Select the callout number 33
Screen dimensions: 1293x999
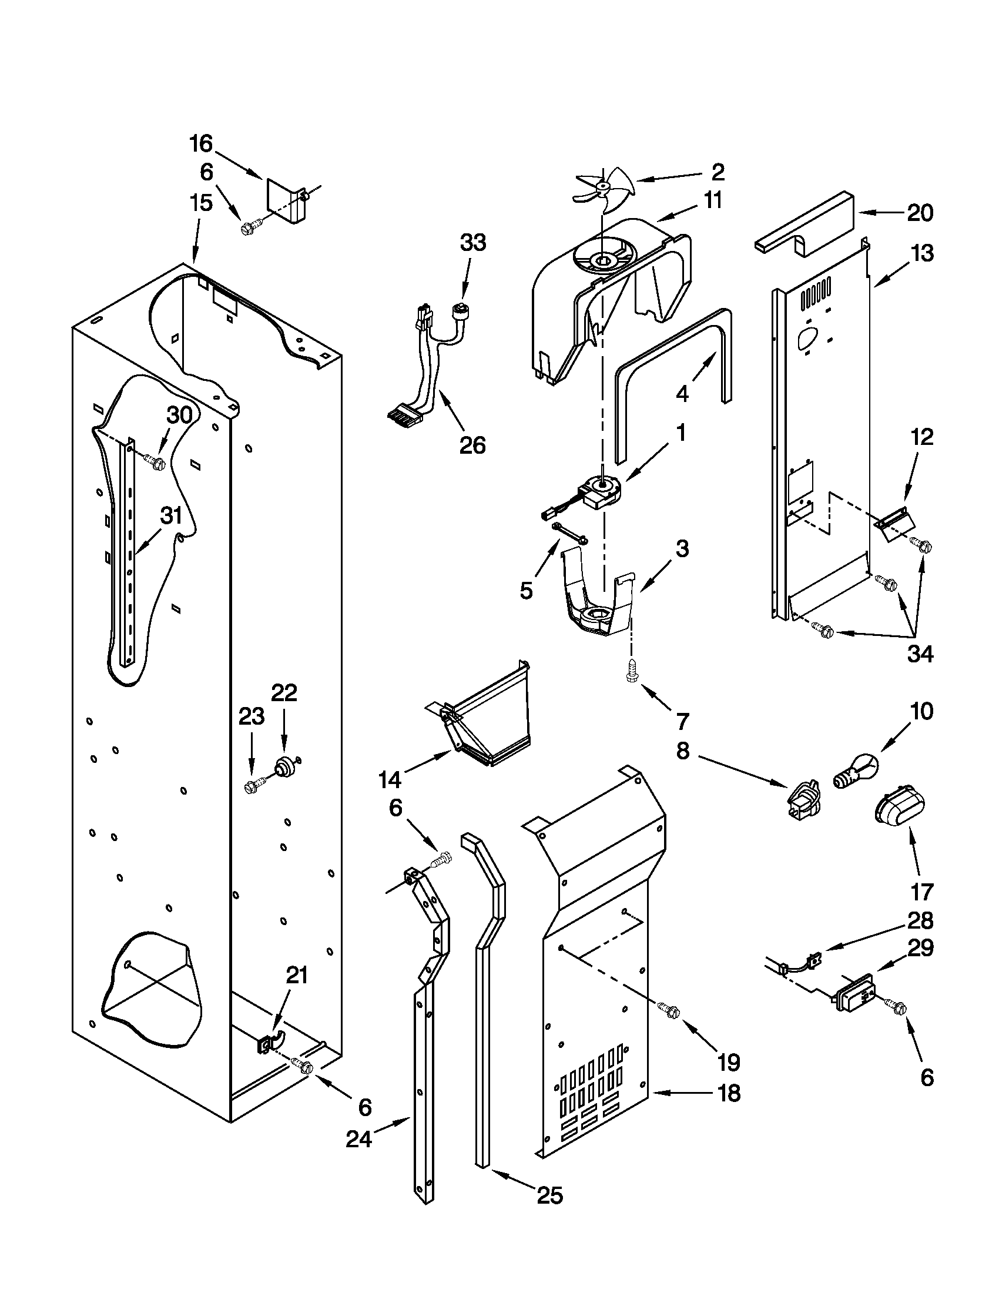[x=473, y=243]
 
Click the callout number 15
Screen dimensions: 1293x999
[x=201, y=203]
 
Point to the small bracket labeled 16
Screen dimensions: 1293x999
[x=287, y=201]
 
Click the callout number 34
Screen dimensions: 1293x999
[x=921, y=654]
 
